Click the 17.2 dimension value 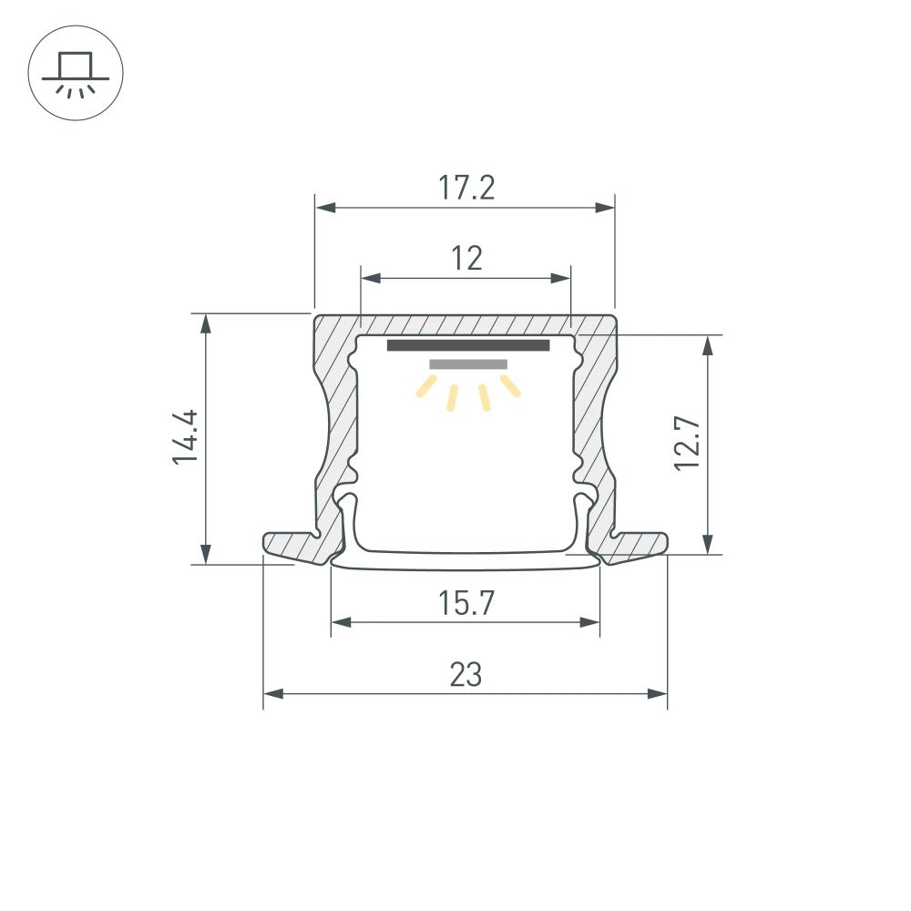466,188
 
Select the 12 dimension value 466,259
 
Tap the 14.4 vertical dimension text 186,437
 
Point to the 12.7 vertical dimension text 687,443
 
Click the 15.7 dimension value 466,603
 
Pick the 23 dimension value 466,675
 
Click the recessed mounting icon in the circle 76,73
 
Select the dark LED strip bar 468,345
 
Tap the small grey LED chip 468,364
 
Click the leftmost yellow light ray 425,389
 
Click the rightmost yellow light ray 511,387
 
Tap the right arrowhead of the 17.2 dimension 605,208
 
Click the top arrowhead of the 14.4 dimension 207,323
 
